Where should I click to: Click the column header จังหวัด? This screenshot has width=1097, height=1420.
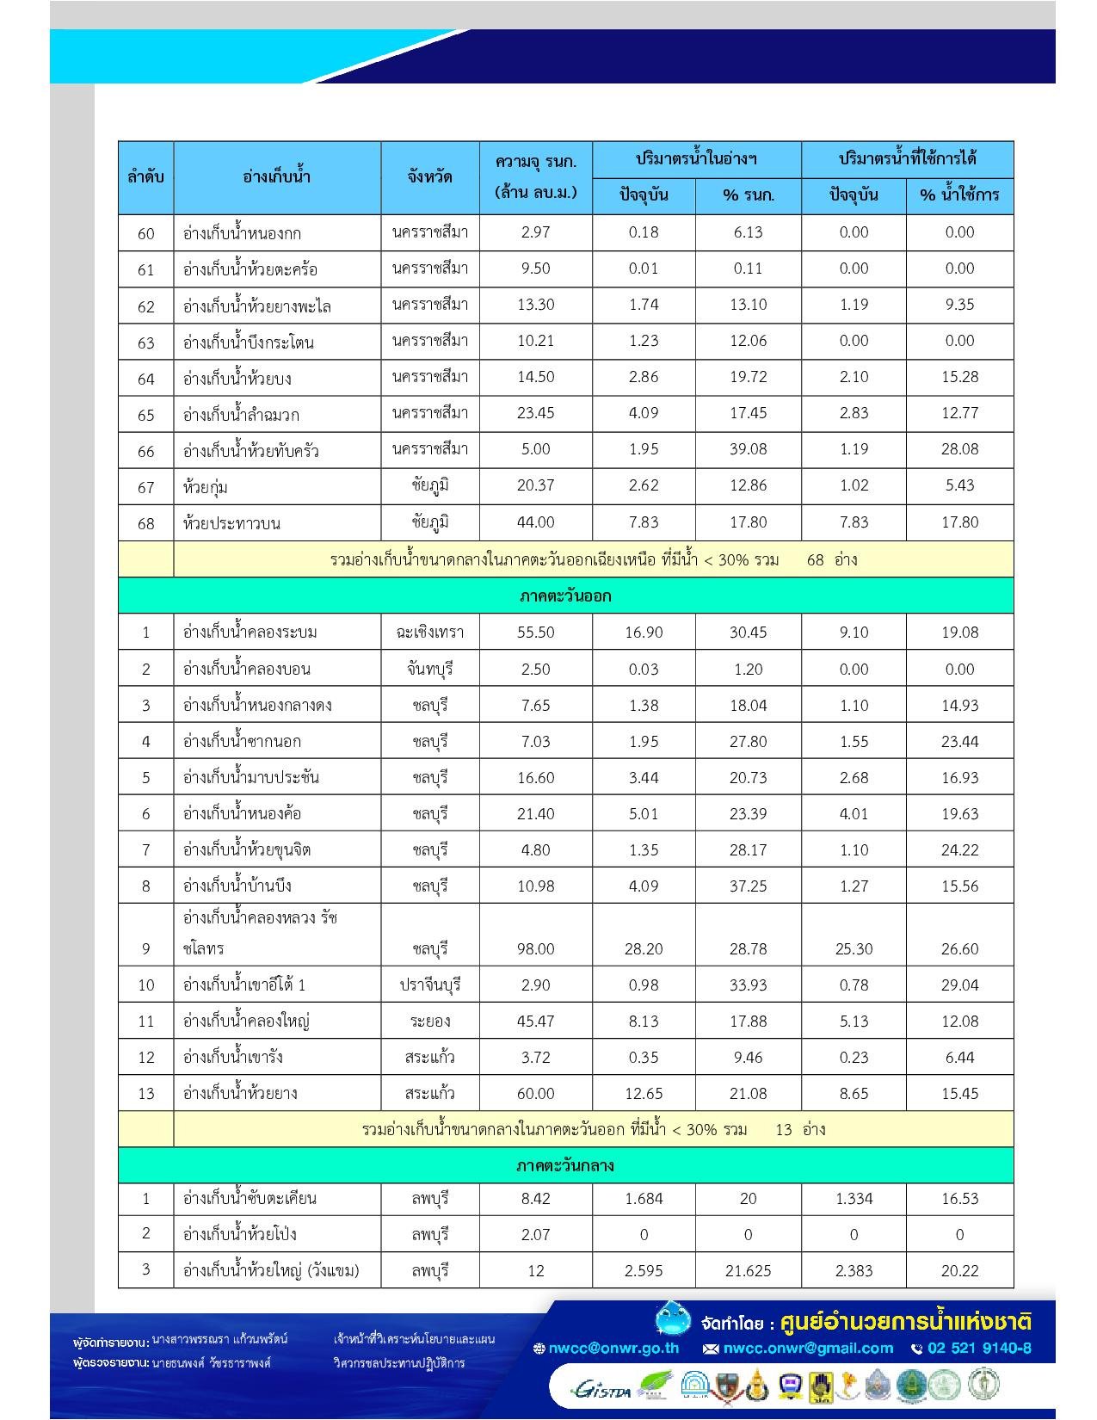point(430,177)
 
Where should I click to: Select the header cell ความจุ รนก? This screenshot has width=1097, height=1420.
point(535,162)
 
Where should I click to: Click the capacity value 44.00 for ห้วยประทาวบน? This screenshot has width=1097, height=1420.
point(535,522)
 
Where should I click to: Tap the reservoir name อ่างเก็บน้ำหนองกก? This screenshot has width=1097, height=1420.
point(242,233)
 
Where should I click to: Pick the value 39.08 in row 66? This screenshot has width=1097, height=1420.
point(748,449)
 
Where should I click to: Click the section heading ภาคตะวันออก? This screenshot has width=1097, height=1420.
point(565,596)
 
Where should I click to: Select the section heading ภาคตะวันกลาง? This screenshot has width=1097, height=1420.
point(565,1166)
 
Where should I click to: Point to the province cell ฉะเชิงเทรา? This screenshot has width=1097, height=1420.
point(430,633)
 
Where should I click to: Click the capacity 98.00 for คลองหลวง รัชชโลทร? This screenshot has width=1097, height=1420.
point(535,948)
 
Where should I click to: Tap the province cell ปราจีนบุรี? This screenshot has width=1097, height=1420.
point(430,985)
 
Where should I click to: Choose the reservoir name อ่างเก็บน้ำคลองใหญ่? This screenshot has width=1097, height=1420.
point(246,1022)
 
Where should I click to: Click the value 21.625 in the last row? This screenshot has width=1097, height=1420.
point(748,1270)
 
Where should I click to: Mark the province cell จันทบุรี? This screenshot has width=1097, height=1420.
point(430,669)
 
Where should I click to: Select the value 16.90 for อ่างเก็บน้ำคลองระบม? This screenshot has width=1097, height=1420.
point(644,633)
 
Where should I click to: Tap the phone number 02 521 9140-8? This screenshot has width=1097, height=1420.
point(979,1349)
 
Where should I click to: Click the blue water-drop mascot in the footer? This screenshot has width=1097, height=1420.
point(672,1319)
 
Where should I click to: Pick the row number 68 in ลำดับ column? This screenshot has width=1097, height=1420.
point(146,523)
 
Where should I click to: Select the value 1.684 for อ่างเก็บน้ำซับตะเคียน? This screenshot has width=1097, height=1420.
point(644,1198)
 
